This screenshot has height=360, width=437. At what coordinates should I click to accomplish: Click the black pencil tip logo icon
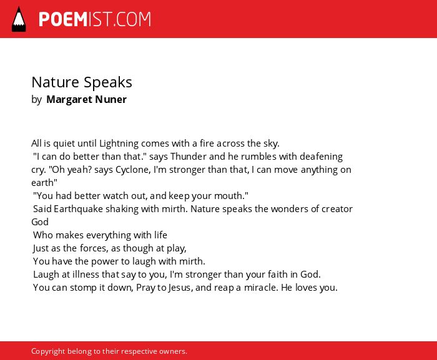(x=19, y=19)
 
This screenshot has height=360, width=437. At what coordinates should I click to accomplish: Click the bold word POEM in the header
(x=63, y=19)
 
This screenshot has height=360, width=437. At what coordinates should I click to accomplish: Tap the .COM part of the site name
(x=132, y=19)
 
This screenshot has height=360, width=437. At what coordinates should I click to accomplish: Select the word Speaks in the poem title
(x=108, y=82)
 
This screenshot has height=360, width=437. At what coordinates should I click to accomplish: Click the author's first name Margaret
(x=69, y=99)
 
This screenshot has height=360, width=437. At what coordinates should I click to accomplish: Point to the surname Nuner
(x=110, y=99)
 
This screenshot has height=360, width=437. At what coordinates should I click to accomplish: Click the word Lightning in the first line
(x=119, y=144)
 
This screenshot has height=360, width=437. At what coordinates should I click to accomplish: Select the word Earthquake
(x=78, y=209)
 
